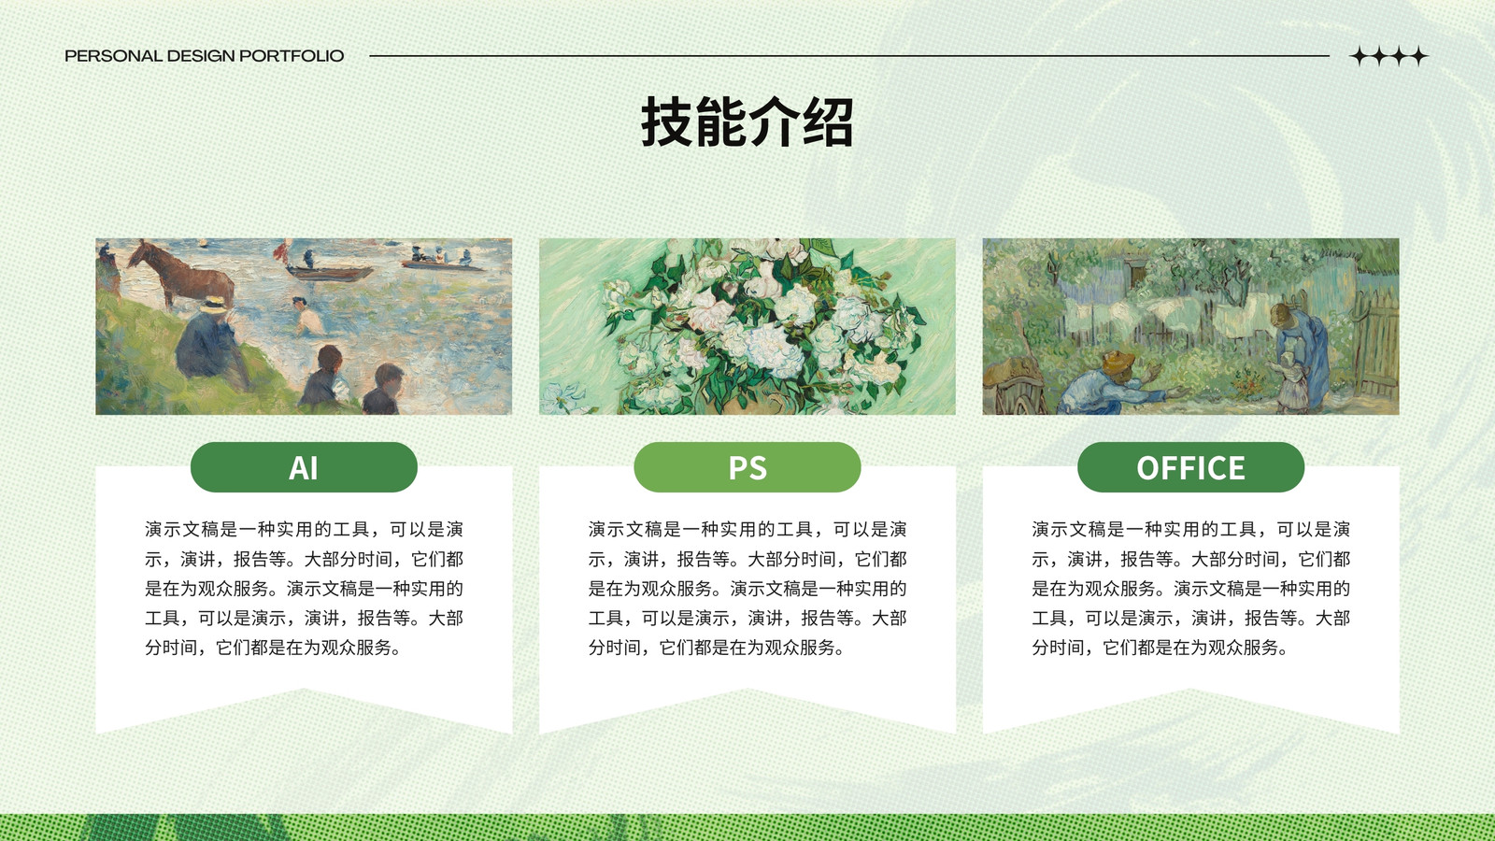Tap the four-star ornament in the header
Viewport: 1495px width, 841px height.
[x=1388, y=56]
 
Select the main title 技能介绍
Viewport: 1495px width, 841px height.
[x=747, y=121]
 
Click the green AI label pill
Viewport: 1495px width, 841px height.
[x=304, y=467]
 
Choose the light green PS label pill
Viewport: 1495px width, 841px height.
[x=747, y=467]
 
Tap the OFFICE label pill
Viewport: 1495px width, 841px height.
[x=1190, y=467]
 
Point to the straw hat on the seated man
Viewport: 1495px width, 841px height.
[x=214, y=306]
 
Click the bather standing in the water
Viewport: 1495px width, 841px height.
[x=307, y=317]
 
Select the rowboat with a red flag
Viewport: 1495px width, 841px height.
[x=327, y=267]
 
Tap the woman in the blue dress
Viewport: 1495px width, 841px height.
[x=1302, y=354]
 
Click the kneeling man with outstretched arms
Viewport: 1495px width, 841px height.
[x=1121, y=384]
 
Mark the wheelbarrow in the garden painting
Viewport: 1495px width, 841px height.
[x=1015, y=386]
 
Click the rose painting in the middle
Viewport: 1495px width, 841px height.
[x=747, y=326]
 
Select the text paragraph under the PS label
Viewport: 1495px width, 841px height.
[x=747, y=588]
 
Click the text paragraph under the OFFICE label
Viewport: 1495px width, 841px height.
[x=1190, y=588]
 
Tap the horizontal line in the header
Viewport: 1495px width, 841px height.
[x=849, y=56]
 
